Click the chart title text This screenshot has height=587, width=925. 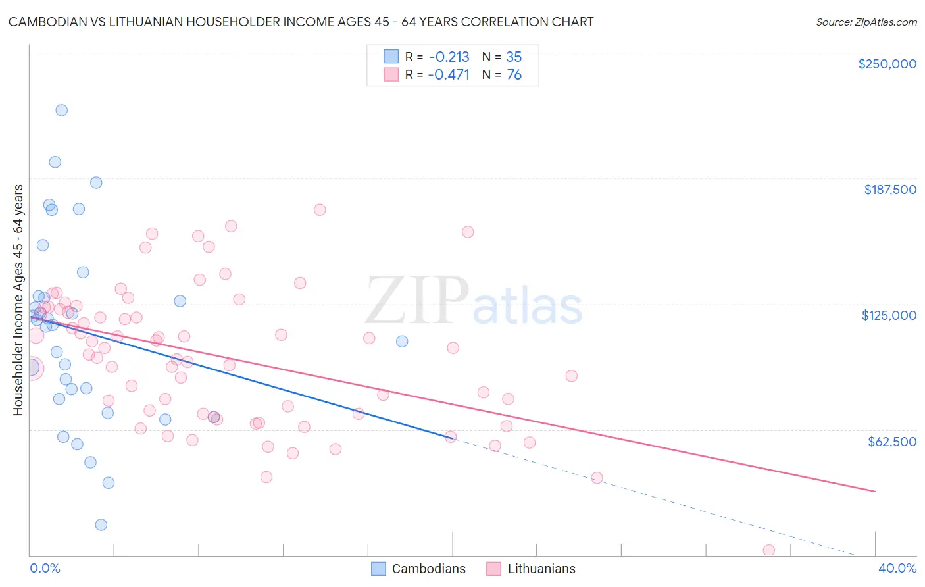coord(301,22)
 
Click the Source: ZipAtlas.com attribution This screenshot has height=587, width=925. coord(866,22)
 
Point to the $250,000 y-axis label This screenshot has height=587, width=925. coord(887,64)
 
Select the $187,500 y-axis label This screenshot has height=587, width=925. coord(889,190)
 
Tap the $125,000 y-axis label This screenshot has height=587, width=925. coord(889,315)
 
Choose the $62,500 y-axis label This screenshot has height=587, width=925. coord(891,442)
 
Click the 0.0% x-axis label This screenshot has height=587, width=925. coord(45,568)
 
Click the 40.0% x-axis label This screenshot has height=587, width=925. coord(897,568)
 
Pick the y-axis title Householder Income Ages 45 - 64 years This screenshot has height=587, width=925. coord(18,300)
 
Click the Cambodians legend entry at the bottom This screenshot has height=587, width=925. coord(418,569)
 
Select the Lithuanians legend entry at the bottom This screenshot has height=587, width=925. coord(531,569)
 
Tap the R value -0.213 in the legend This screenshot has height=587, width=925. coord(449,57)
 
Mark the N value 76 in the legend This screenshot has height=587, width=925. coord(514,75)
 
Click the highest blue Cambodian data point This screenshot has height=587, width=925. coord(61,110)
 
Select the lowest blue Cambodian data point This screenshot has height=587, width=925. coord(101,524)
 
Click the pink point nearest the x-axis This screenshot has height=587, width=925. coord(768,550)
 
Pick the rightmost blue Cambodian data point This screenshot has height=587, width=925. coord(402,341)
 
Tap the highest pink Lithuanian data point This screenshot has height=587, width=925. coord(320,210)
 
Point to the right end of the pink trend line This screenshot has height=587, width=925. coord(875,492)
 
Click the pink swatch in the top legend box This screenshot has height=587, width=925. coord(391,74)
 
